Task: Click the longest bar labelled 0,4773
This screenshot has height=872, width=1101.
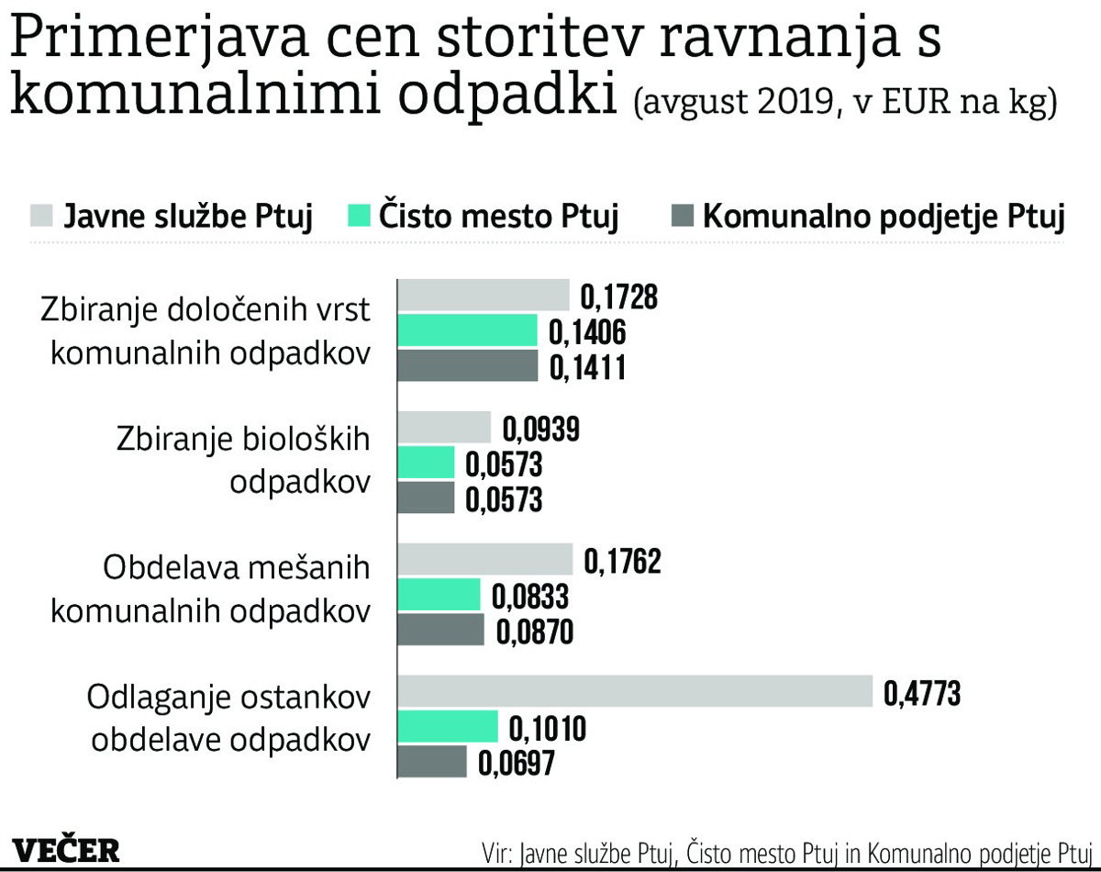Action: [x=635, y=692]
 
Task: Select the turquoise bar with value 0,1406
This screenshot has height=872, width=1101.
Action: [x=468, y=330]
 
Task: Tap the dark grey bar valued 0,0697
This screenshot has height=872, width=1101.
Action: [x=432, y=762]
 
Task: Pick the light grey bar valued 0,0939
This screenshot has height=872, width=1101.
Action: [x=445, y=428]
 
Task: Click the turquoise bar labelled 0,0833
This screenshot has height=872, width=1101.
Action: [x=439, y=596]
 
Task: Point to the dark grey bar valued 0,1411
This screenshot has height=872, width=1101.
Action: [x=468, y=366]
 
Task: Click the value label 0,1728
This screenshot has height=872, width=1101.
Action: [x=620, y=297]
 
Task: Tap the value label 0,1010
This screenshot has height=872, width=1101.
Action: [x=547, y=730]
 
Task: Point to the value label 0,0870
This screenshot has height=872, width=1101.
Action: [x=534, y=632]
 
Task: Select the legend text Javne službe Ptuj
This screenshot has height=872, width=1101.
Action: [x=188, y=218]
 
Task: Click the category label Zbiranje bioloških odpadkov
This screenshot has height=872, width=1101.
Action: [x=243, y=460]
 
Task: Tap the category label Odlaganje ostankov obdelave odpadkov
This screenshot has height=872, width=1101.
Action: [x=229, y=718]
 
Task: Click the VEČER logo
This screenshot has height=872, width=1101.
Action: [x=66, y=849]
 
